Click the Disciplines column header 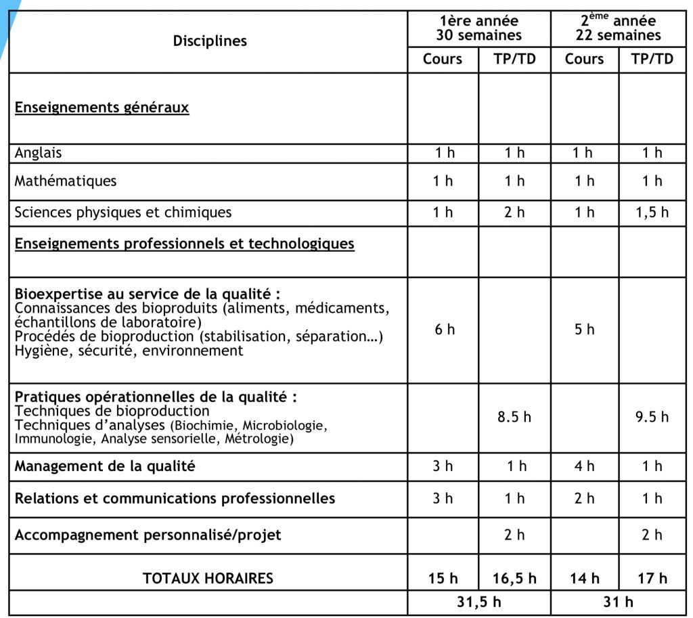[210, 41]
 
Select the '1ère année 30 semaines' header [478, 28]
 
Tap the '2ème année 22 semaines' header [619, 28]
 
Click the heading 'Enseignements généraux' [102, 108]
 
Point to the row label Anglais [39, 153]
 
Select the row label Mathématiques [66, 181]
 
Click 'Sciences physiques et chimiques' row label [123, 213]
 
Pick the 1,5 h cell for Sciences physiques [652, 213]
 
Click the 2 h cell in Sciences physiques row [514, 213]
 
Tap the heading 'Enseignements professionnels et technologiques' [184, 244]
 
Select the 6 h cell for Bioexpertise [445, 330]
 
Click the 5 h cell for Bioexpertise [584, 330]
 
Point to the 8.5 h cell [514, 417]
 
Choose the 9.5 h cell [652, 417]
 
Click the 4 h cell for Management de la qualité [584, 466]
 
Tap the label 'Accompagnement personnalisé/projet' [148, 535]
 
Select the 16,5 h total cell [514, 579]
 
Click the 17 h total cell [652, 579]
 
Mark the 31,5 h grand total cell [478, 602]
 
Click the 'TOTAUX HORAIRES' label [208, 579]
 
